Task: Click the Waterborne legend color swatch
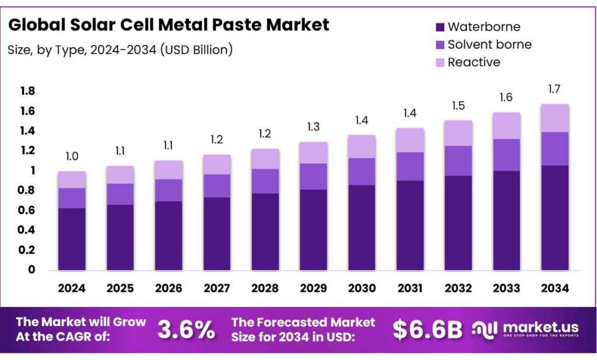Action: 439,27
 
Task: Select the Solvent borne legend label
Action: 489,44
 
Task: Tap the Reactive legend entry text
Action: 473,62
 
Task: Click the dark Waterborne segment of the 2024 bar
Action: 72,239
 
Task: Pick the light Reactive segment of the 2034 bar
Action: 554,118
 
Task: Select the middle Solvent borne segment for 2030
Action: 361,172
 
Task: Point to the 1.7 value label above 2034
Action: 554,89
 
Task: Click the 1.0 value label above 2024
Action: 72,157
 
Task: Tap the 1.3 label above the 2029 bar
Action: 312,127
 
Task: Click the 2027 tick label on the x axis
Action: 216,288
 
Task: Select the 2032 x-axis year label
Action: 458,288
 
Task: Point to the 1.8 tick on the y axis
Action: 27,91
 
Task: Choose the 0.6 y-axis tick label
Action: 27,210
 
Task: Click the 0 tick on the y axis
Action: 31,270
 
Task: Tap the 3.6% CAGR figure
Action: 186,330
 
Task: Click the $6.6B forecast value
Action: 427,330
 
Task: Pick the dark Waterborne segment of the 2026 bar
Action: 168,235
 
